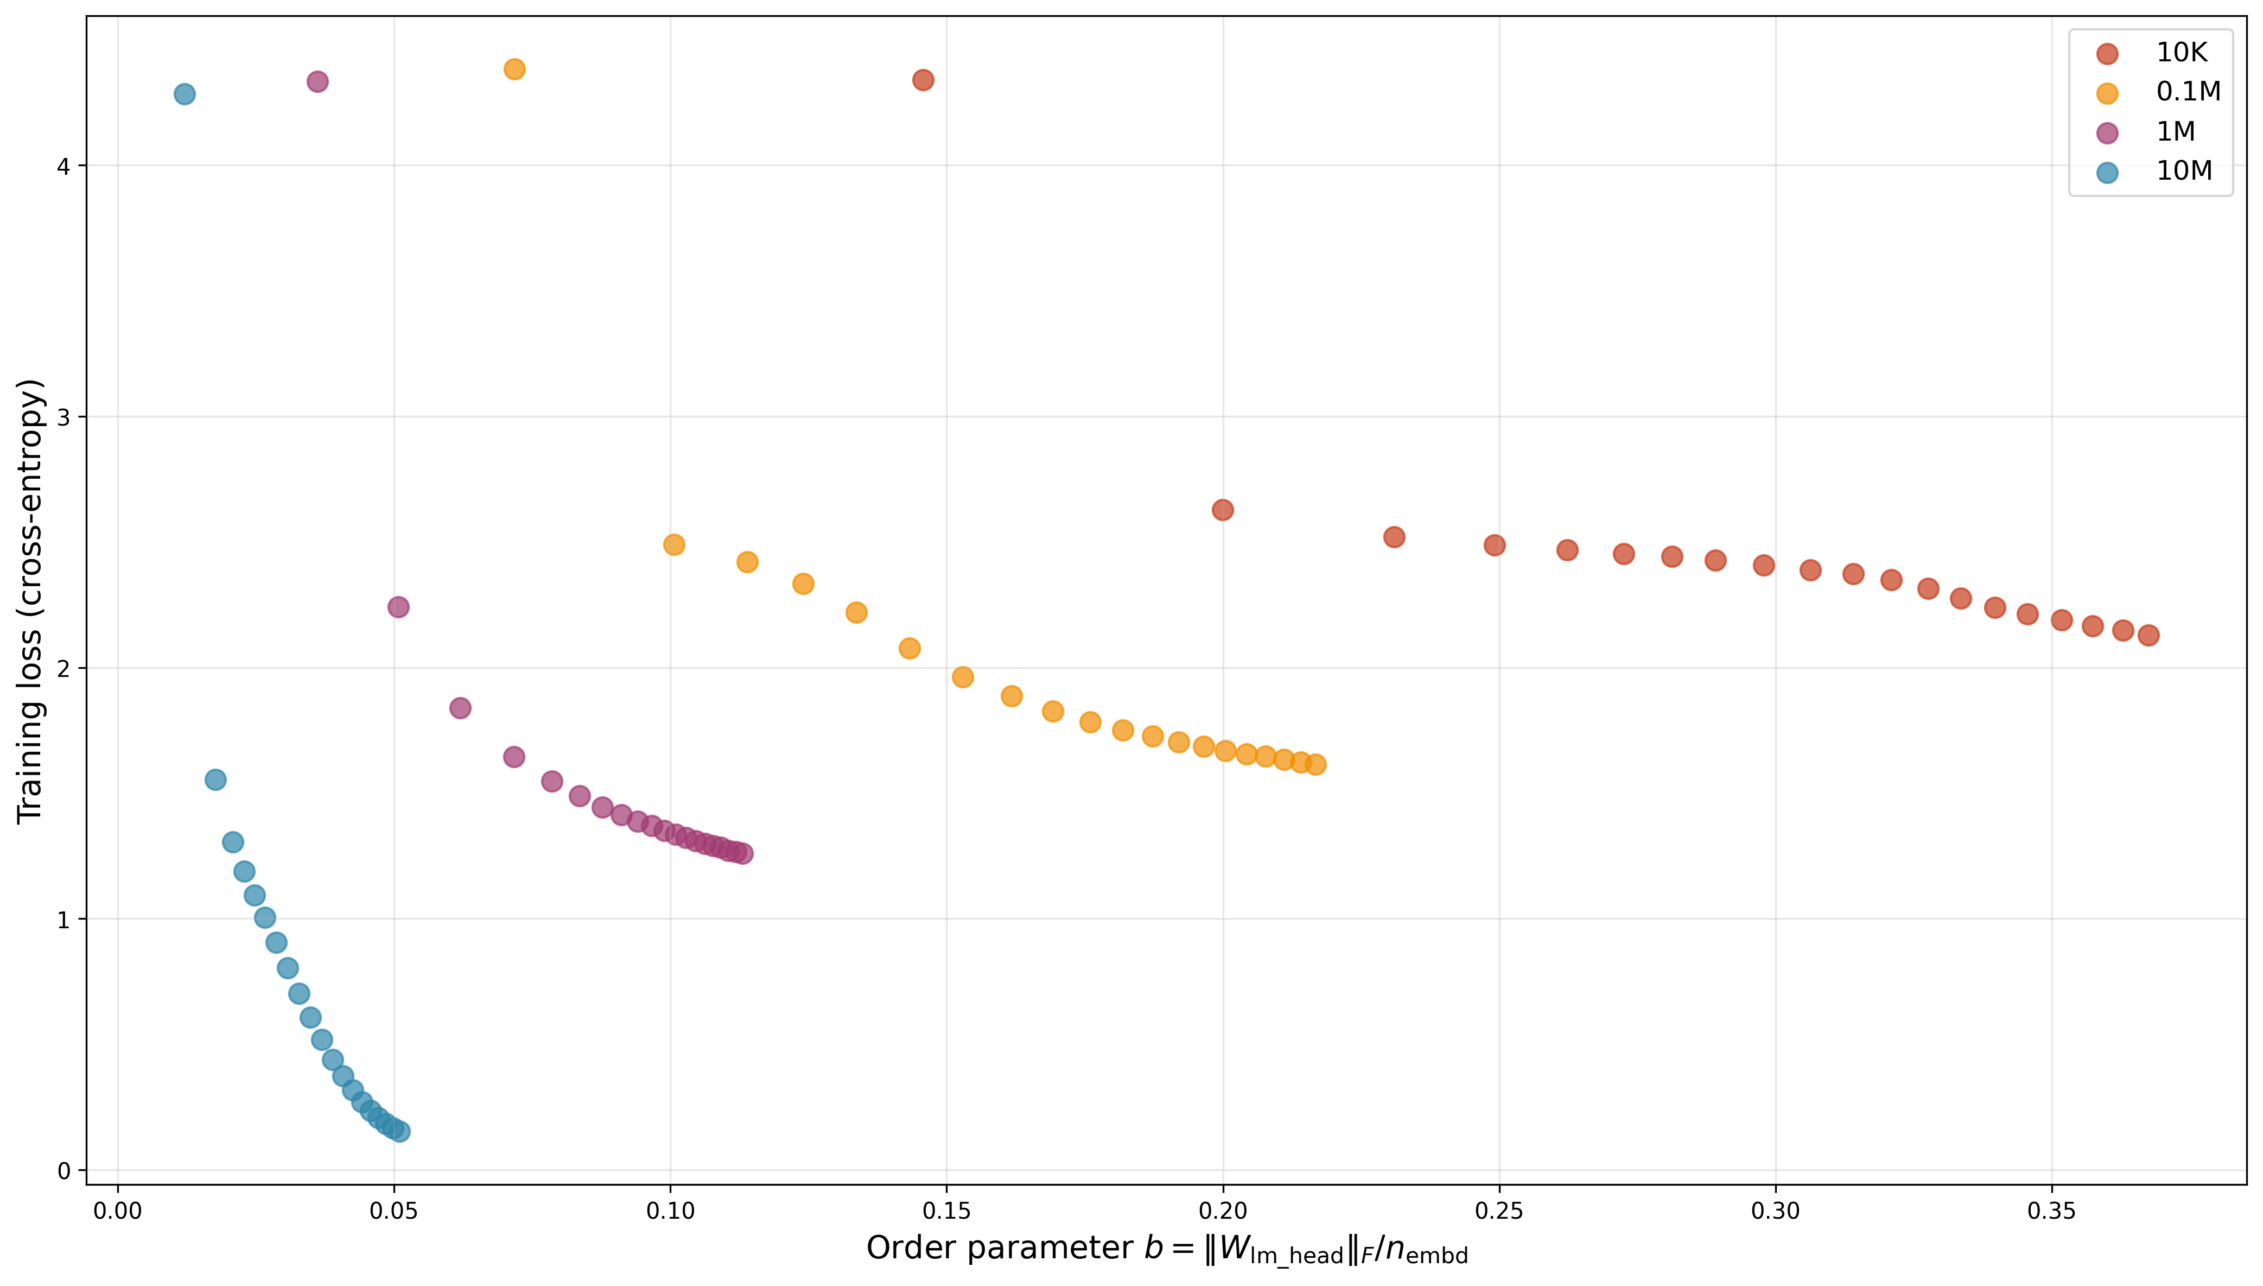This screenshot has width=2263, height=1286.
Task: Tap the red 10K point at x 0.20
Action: coord(1223,510)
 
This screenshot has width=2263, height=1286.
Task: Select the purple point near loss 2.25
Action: coord(398,607)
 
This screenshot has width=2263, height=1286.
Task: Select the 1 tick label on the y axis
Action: coord(63,920)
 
